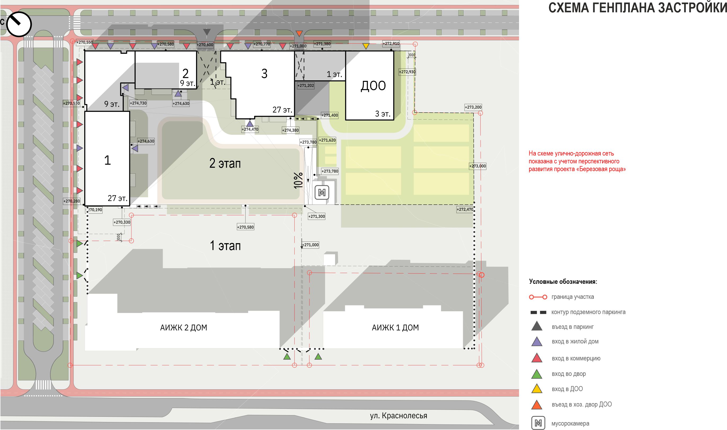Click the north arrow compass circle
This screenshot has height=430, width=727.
pyautogui.click(x=19, y=24)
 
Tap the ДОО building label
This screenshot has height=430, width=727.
pyautogui.click(x=373, y=86)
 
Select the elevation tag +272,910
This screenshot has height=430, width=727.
pyautogui.click(x=391, y=44)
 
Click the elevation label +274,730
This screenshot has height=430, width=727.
pyautogui.click(x=138, y=103)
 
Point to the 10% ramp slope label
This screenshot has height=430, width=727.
pyautogui.click(x=298, y=181)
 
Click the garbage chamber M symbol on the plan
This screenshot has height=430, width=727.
pyautogui.click(x=322, y=192)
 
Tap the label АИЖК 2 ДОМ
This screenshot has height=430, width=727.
pyautogui.click(x=184, y=328)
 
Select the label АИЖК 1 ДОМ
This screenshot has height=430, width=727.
pyautogui.click(x=395, y=328)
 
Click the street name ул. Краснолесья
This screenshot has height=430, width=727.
pyautogui.click(x=398, y=416)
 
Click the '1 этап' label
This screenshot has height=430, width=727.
pyautogui.click(x=225, y=246)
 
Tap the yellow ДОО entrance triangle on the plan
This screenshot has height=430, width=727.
pyautogui.click(x=366, y=46)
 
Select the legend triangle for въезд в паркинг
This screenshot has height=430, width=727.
pyautogui.click(x=537, y=326)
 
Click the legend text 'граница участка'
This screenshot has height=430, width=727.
pyautogui.click(x=573, y=297)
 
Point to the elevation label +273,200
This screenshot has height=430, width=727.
pyautogui.click(x=473, y=107)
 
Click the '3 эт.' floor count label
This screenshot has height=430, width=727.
pyautogui.click(x=383, y=114)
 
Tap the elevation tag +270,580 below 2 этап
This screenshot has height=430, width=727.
pyautogui.click(x=246, y=227)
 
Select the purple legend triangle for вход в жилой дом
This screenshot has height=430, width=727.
pyautogui.click(x=537, y=341)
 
